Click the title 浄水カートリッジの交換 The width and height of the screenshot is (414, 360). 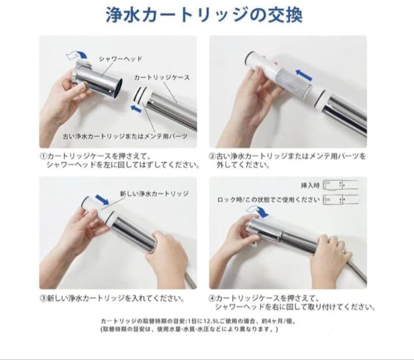204,16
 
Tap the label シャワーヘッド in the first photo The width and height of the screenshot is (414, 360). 120,59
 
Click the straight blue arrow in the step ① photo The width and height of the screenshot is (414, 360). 136,108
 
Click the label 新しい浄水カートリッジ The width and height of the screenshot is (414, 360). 154,194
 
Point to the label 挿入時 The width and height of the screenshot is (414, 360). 310,185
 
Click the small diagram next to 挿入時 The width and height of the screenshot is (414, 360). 341,185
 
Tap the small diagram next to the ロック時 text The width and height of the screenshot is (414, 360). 341,200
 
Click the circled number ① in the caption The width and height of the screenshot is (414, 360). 43,156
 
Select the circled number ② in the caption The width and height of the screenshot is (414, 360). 212,156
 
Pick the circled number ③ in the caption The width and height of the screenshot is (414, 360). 43,298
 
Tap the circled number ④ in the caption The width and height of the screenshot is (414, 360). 212,298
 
